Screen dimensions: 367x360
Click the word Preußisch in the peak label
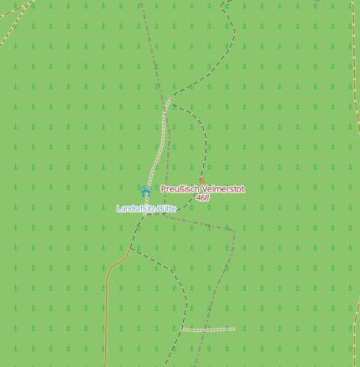177,189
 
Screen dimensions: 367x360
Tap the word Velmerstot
219,189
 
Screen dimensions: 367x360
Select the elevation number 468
202,198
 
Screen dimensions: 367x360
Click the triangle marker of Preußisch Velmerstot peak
201,180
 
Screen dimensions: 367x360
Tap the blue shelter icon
145,193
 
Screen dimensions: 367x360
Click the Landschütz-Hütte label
147,207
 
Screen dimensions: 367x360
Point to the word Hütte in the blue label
165,207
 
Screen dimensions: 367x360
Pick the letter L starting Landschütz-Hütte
119,207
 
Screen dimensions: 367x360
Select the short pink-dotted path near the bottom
208,329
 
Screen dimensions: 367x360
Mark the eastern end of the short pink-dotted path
234,328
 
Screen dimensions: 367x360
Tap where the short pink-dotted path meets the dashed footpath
182,329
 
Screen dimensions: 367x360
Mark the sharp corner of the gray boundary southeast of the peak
234,228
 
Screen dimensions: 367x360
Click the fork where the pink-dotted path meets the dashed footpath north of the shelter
172,97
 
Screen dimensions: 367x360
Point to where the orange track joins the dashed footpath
129,249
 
